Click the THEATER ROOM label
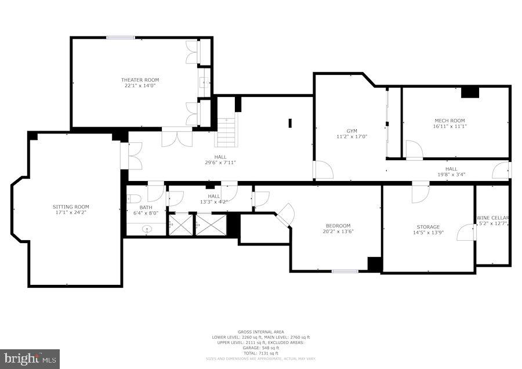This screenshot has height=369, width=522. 140,79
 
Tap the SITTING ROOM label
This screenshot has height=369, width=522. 71,207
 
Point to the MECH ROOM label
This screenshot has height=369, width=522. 449,121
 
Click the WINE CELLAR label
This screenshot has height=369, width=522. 492,218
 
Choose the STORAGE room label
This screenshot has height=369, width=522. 427,227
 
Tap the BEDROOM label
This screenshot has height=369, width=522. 337,226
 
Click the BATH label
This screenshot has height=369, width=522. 145,207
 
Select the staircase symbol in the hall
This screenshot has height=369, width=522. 227,132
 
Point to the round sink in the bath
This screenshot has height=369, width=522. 146,229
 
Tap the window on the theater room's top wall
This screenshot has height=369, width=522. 121,38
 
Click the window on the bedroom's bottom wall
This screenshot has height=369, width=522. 345,271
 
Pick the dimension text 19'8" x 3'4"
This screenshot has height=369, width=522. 451,174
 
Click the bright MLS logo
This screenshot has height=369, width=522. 30,358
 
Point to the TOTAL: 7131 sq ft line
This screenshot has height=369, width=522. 260,353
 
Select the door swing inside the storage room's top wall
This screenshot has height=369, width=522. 420,193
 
